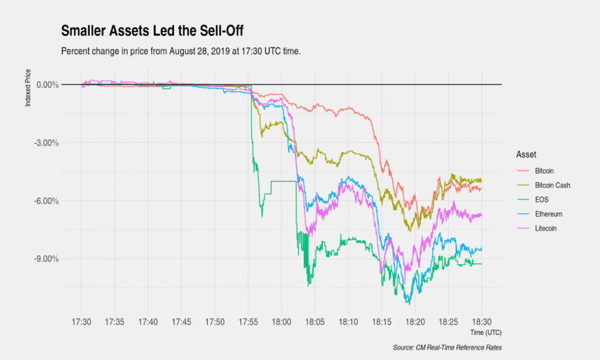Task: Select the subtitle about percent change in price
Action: pos(181,51)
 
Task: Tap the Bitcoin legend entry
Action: pos(544,171)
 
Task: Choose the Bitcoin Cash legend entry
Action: pos(552,186)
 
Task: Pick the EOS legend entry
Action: pos(542,200)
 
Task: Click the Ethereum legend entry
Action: pos(548,214)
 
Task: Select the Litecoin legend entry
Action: pos(546,228)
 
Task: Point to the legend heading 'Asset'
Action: pos(526,154)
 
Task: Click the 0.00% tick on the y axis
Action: pos(47,84)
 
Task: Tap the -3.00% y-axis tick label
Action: pos(47,143)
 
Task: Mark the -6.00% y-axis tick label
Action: pos(47,201)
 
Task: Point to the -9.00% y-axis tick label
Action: pos(47,259)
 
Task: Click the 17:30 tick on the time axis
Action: pos(81,322)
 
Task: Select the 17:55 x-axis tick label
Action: pos(248,322)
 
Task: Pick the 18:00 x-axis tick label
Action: pos(281,322)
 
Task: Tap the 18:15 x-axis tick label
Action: pos(381,322)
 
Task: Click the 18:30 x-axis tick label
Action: pos(481,322)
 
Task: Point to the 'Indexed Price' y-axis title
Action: pos(28,88)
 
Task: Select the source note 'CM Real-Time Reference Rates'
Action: pos(447,347)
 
